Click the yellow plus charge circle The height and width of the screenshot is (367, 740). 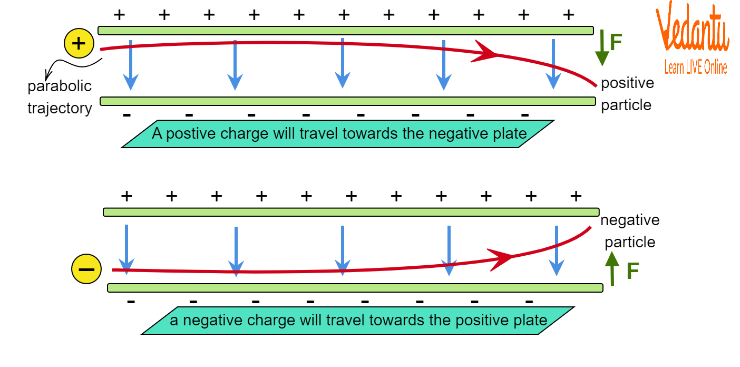[x=79, y=43]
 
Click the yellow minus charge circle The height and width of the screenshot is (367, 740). [x=86, y=269]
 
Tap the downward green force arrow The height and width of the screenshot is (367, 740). [x=601, y=49]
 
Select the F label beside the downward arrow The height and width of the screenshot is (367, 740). [x=616, y=42]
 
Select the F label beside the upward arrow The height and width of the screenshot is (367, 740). [x=632, y=272]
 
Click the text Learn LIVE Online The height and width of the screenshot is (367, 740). [x=695, y=67]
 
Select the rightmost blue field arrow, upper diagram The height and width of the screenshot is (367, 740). [x=553, y=64]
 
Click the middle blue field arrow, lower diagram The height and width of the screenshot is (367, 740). [x=343, y=250]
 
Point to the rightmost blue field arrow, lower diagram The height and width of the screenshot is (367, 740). [x=557, y=250]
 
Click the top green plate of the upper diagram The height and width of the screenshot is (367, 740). [x=345, y=31]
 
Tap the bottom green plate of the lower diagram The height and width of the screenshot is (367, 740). [x=355, y=288]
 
